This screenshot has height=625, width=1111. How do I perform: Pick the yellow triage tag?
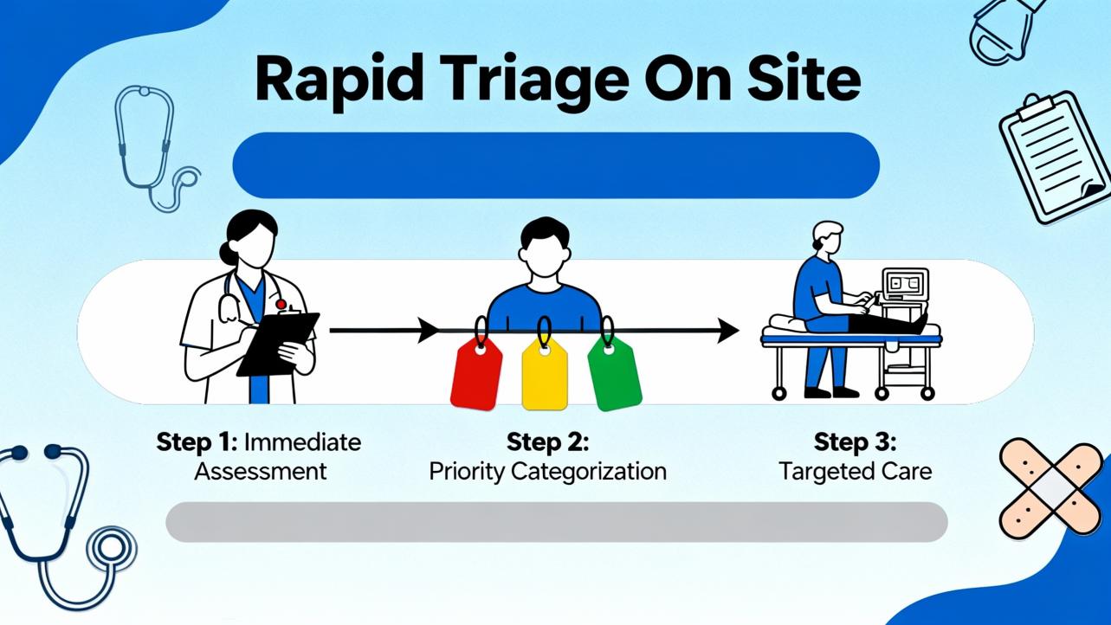point(545,374)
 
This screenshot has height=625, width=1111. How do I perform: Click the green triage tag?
point(615,375)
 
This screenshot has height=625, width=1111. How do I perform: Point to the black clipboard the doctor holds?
point(278,344)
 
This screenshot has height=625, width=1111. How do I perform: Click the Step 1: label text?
point(197,442)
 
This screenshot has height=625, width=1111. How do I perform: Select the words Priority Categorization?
point(547,472)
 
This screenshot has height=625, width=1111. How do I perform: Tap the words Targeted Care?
point(855,471)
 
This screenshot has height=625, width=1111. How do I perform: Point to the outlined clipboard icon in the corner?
point(1055,158)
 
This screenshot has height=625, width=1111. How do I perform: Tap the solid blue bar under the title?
point(556,165)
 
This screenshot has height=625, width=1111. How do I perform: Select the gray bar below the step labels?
point(557,522)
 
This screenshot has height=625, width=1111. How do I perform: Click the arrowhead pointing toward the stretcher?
point(728,331)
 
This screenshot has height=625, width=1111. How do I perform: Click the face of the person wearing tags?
point(544,255)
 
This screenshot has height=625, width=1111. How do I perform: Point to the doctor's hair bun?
point(228,253)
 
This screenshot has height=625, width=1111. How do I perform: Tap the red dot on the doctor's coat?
point(281,304)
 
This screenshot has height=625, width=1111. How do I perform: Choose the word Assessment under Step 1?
point(261,472)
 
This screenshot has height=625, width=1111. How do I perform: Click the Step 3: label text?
point(855,442)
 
